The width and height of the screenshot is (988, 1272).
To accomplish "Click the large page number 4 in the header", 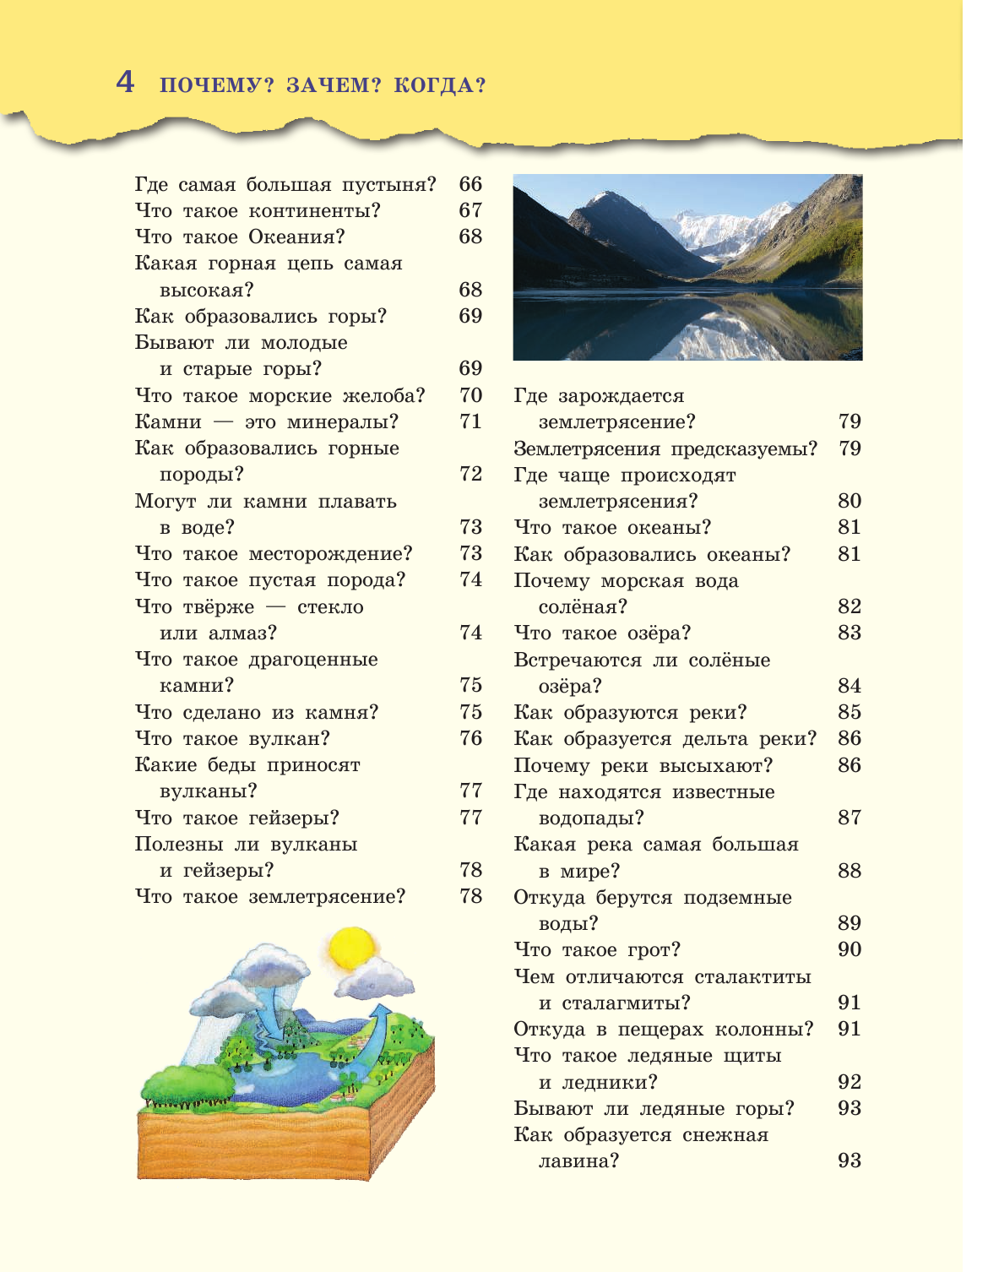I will pyautogui.click(x=125, y=82).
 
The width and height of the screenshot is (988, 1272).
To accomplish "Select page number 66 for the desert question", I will pyautogui.click(x=470, y=184).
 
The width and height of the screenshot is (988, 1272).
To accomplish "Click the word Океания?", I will pyautogui.click(x=296, y=237).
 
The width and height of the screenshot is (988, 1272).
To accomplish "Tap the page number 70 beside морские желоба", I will pyautogui.click(x=470, y=395).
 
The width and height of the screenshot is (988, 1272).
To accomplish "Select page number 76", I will pyautogui.click(x=470, y=738).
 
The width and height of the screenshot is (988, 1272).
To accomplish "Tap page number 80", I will pyautogui.click(x=849, y=501).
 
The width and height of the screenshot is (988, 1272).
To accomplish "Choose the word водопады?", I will pyautogui.click(x=591, y=818).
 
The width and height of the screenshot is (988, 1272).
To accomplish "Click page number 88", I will pyautogui.click(x=849, y=870).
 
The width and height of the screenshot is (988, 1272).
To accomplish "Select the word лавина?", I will pyautogui.click(x=578, y=1161).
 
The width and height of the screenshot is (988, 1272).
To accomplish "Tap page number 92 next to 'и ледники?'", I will pyautogui.click(x=849, y=1082).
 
